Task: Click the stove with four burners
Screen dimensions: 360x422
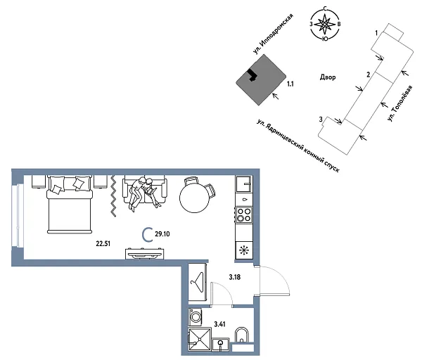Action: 244,214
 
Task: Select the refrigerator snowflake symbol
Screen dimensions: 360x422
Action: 244,250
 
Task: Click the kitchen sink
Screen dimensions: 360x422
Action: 244,184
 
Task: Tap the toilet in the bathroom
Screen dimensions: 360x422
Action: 241,335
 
